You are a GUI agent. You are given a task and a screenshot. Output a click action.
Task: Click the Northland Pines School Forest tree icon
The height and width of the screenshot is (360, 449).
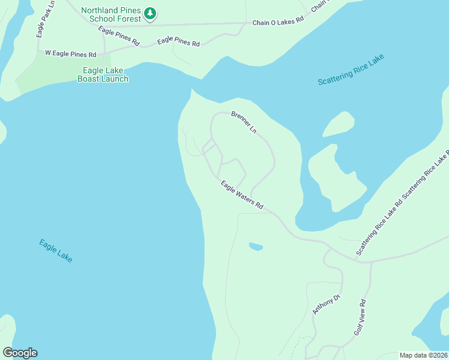coord(151,13)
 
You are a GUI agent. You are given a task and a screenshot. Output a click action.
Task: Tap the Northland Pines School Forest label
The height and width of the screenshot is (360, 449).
coord(111,14)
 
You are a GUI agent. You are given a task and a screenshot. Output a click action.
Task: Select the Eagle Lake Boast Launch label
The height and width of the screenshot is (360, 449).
coord(103,74)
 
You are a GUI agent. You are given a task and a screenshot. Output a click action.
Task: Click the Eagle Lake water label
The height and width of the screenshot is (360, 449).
coord(56,250)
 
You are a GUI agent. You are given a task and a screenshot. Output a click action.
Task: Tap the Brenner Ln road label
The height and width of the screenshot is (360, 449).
coord(244,122)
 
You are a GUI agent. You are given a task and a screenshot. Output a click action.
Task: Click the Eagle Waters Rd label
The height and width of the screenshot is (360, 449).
coord(241,195)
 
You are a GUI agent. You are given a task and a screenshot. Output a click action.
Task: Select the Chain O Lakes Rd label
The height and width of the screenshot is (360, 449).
coord(278,22)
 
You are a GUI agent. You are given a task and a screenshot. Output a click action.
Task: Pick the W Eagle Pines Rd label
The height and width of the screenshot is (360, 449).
coord(70,54)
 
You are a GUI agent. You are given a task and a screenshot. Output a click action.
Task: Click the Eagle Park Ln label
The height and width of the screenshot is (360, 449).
coord(45,19)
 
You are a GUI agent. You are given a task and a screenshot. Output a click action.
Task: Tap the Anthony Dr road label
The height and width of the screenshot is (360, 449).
coord(326,305)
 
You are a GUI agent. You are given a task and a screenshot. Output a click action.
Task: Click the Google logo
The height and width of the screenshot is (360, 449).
coord(20,352)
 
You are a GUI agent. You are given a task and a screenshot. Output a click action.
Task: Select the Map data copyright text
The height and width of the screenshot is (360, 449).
coord(423,355)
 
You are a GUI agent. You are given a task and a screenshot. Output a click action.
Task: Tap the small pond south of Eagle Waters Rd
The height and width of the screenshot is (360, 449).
coord(256,246)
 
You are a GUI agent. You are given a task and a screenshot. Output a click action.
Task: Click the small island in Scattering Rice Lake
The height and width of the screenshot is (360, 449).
coord(339,124)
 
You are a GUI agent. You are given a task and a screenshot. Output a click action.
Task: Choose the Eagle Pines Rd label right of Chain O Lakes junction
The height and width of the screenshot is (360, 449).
coord(178,41)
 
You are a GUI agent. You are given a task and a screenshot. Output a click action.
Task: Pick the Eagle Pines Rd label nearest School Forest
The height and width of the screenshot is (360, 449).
coord(119,37)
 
